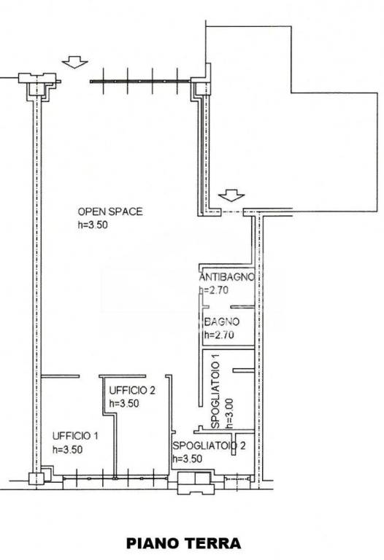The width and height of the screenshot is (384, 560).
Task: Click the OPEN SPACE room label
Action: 110,211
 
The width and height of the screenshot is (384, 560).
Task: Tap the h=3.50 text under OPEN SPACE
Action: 93,225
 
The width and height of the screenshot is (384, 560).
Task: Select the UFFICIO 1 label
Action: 75,436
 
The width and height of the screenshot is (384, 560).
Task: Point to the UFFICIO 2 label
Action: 132,390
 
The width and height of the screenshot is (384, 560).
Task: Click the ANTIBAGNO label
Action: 227,277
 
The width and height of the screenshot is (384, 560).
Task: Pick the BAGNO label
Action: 222,322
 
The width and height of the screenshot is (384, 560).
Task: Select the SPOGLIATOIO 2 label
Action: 209,446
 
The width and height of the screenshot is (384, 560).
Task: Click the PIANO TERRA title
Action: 183,543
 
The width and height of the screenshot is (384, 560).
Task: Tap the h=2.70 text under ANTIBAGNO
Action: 213,290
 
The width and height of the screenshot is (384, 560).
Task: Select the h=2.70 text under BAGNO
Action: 219,335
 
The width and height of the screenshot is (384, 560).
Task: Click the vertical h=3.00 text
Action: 229,413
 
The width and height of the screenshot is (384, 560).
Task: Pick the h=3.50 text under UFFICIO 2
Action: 124,403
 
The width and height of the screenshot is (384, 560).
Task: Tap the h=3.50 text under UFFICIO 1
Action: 67,450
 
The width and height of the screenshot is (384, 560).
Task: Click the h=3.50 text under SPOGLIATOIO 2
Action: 188,459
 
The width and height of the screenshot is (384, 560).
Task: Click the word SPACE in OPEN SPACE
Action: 126,211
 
